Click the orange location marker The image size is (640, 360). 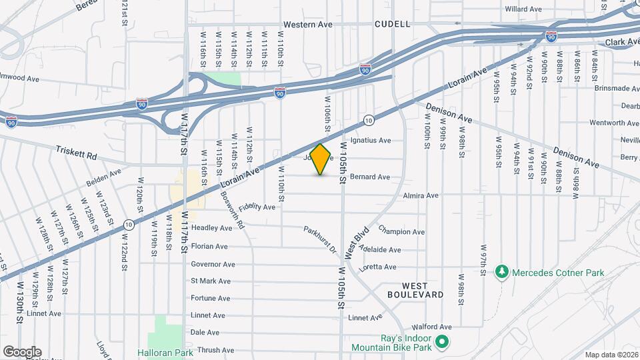coord(321,159)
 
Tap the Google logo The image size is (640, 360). coord(22,351)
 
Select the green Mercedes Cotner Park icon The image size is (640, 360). coord(501,273)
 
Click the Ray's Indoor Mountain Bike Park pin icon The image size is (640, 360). coord(441,343)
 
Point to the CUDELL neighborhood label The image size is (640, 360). coord(392,24)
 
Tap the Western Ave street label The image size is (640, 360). coord(307,25)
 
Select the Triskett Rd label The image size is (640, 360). coord(77,152)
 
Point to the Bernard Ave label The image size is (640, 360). coord(369,177)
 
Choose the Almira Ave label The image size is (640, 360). coord(421,196)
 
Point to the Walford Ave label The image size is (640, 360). coord(431,327)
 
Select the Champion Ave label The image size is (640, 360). coord(401,231)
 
